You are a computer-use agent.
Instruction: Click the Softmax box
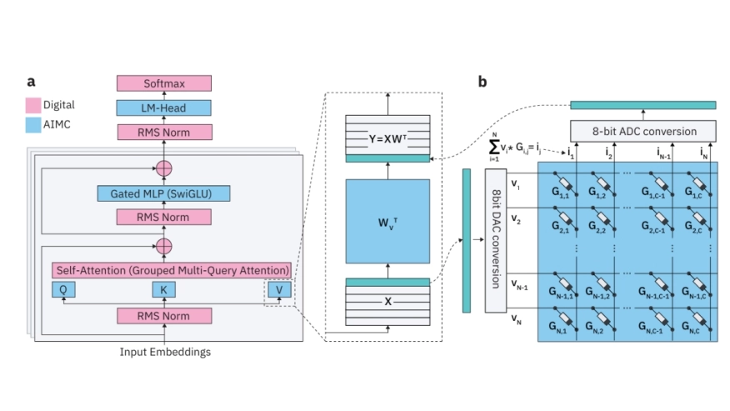(x=164, y=83)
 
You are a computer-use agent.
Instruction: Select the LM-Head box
(x=164, y=108)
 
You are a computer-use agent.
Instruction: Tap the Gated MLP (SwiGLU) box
(x=164, y=193)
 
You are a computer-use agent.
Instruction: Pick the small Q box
(x=62, y=289)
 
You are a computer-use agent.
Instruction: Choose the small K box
(x=164, y=289)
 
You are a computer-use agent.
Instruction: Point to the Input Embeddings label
(x=164, y=352)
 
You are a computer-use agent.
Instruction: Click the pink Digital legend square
(x=33, y=105)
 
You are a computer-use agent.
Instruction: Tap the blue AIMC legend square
(x=33, y=124)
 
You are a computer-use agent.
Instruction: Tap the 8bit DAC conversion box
(x=496, y=238)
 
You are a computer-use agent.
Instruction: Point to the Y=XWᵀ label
(x=387, y=134)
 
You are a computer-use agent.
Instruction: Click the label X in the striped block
(x=387, y=298)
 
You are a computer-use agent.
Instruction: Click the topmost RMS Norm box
(x=164, y=132)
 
